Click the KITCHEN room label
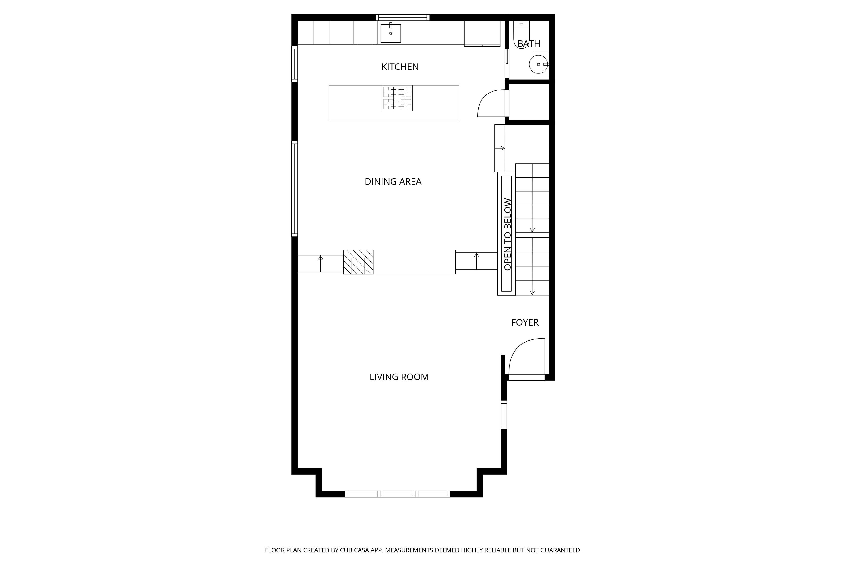400,67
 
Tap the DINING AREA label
393,181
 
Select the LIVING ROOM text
399,377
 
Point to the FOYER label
525,322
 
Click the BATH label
529,44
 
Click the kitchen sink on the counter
391,33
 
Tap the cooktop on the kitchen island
397,98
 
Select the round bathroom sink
539,64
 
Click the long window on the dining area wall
294,189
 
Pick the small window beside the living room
504,415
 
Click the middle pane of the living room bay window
398,494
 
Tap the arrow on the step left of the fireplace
320,263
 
